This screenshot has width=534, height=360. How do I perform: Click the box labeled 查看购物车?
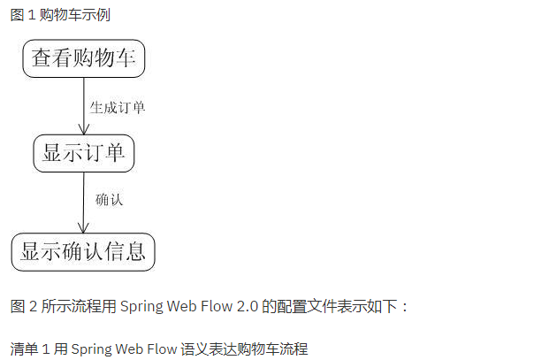[x=84, y=58]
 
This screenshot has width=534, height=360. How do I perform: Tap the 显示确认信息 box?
[x=83, y=251]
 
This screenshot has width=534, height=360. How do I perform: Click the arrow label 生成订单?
[x=118, y=108]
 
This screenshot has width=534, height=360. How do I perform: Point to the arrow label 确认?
[x=109, y=200]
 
